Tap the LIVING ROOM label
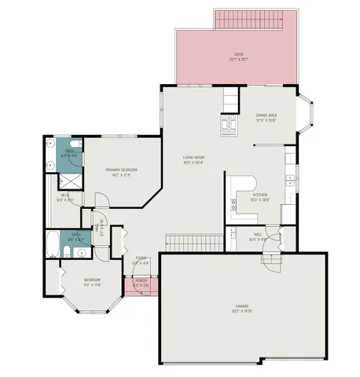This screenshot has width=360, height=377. pyautogui.click(x=193, y=160)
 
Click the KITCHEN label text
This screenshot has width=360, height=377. pyautogui.click(x=260, y=197)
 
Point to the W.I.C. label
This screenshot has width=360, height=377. pyautogui.click(x=65, y=198)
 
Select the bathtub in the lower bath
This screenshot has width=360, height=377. pyautogui.click(x=53, y=243)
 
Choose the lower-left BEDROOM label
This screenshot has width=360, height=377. pyautogui.click(x=93, y=282)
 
